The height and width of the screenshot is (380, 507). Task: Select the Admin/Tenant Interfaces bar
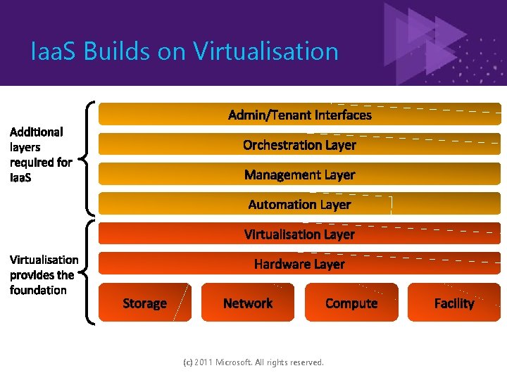pos(300,115)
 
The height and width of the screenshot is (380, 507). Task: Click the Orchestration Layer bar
pos(300,145)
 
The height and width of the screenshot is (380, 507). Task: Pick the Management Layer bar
pos(300,175)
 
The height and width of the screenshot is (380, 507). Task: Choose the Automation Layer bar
pos(300,205)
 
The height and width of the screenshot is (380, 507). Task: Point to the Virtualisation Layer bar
pos(300,234)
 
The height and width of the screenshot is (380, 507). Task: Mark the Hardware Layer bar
pos(300,264)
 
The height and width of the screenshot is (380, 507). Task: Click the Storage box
pos(145,303)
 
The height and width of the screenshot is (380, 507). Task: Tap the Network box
pos(248,303)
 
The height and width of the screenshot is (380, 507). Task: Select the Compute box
pos(351,303)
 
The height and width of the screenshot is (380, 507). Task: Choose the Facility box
pos(454,303)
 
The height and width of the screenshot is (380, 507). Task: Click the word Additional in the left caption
pos(37,132)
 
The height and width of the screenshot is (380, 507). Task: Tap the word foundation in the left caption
pos(39,290)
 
